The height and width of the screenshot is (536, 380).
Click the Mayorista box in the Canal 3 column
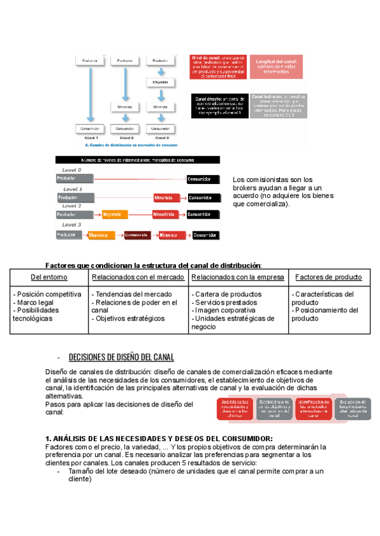pos(161,83)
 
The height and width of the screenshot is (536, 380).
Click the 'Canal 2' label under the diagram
pos(126,138)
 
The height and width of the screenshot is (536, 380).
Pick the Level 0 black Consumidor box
pos(203,179)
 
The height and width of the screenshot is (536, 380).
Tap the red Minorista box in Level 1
pos(168,197)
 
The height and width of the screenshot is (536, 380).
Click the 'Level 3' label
pos(72,225)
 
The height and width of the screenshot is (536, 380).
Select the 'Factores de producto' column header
pos(329,277)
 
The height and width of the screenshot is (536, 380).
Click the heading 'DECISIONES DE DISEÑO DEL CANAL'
pos(121,357)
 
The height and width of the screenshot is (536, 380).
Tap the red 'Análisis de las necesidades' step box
pos(235,408)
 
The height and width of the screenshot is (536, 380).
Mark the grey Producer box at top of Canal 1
pos(89,60)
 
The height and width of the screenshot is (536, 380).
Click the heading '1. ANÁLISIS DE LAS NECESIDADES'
pos(159,439)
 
